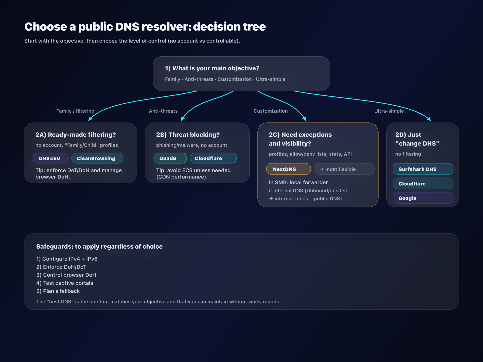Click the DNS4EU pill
(51, 158)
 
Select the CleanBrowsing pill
(97, 158)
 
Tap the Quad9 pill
(170, 158)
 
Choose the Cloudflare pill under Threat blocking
(213, 158)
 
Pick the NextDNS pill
(288, 169)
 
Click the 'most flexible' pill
(344, 169)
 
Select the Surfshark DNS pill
(423, 169)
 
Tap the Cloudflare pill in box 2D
(423, 184)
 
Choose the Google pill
(423, 198)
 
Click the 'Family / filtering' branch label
(75, 111)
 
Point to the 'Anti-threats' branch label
(163, 111)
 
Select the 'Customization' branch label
(270, 111)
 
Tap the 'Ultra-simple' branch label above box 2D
(389, 111)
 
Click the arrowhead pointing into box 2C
(304, 119)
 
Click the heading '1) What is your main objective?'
(212, 68)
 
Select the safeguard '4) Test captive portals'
(65, 283)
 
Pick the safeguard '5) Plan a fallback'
(58, 291)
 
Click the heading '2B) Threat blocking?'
(188, 135)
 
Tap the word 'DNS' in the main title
(127, 27)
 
